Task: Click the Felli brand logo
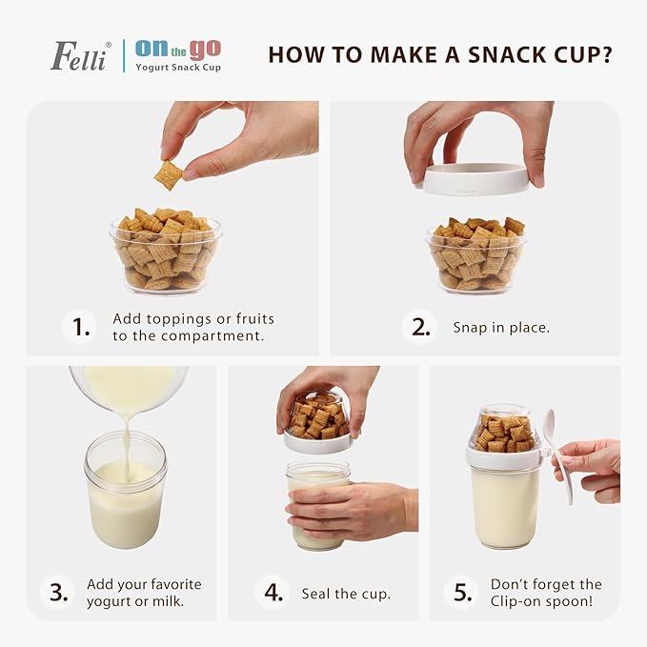pos(80,54)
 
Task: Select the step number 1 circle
pos(80,327)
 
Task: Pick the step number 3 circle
pos(58,592)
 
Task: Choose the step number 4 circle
pos(273,592)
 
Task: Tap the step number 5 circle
pos(463,592)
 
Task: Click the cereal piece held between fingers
pos(170,174)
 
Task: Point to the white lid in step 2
pos(475,180)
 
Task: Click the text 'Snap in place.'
pos(501,328)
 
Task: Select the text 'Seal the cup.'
pos(346,594)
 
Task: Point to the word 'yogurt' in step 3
pos(108,600)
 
